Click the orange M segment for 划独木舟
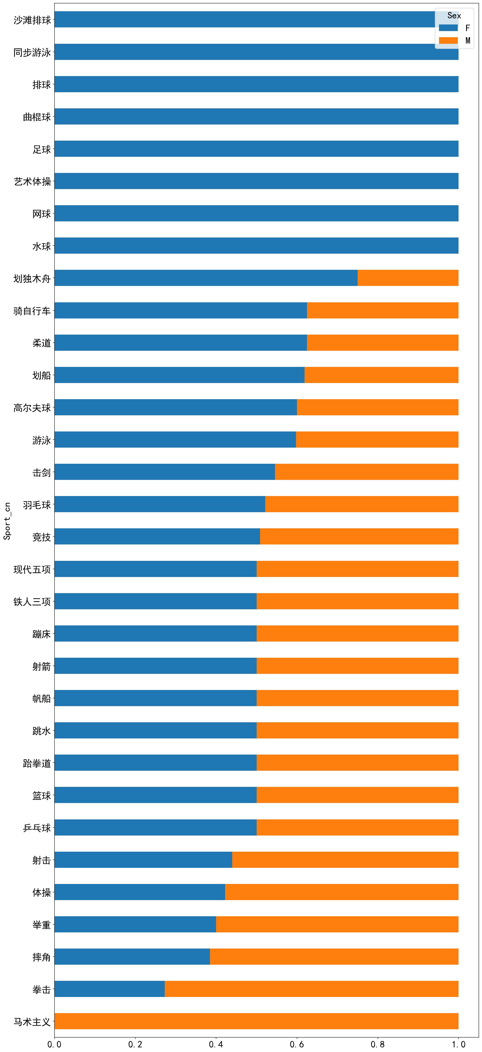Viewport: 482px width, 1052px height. point(408,278)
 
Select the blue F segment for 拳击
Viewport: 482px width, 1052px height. point(109,989)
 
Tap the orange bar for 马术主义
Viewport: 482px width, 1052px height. point(256,1021)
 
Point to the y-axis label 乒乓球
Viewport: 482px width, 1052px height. point(37,828)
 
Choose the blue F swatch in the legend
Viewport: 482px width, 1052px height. point(448,28)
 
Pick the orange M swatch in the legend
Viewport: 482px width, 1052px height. point(448,40)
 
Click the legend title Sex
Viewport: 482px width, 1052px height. point(454,15)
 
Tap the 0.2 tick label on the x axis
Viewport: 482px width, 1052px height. point(135,1044)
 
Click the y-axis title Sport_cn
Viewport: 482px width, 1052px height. point(7,521)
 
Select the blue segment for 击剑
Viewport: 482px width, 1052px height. point(164,472)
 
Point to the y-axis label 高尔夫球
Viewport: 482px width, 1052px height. point(32,407)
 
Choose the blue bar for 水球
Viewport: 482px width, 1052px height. point(256,245)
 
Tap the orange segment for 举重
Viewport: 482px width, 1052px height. point(337,924)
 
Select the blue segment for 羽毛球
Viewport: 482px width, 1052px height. point(160,504)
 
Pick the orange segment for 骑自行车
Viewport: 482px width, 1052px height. point(383,310)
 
